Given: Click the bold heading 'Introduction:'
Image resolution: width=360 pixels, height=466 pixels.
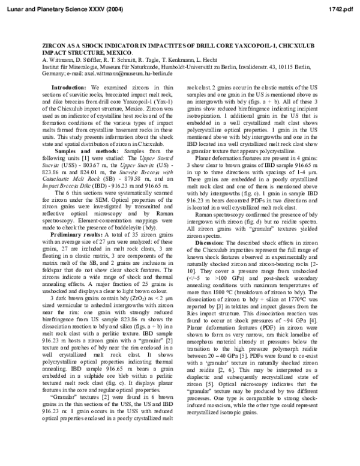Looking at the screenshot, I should click(x=70, y=88).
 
